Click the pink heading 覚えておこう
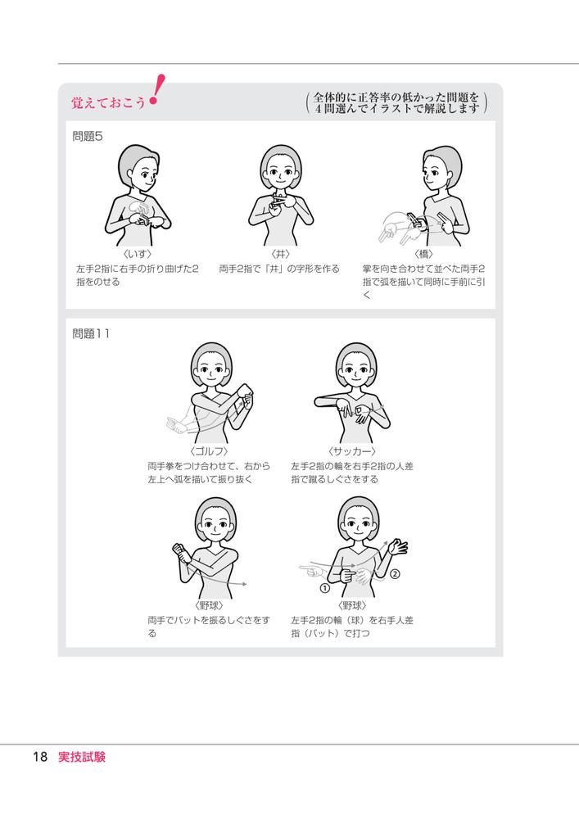pos(109,102)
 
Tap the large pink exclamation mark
pos(156,89)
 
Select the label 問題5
pos(88,136)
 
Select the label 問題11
pos(91,333)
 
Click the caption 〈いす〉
pos(138,254)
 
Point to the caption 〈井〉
pos(280,254)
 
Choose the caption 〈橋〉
pos(423,254)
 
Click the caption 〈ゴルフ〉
pos(209,451)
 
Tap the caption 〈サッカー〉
pos(352,451)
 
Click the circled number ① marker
pos(325,588)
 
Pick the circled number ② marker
pos(396,574)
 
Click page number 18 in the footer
pos(40,757)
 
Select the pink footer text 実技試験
pos(82,757)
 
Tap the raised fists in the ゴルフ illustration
pos(247,396)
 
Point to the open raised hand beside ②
pos(399,547)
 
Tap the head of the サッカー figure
pos(356,365)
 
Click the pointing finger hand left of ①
pos(312,570)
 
